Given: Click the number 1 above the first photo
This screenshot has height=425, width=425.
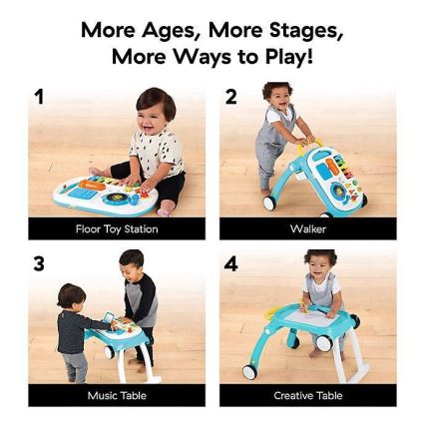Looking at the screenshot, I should (39, 97).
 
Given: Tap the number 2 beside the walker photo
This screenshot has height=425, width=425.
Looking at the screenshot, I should (231, 97).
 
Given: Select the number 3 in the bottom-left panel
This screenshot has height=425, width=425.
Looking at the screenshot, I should (39, 263).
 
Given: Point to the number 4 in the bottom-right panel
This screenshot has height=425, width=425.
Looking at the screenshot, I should (231, 263).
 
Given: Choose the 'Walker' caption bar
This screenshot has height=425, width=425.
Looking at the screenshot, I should (307, 229).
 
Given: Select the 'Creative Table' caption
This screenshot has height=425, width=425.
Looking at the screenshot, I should (307, 396).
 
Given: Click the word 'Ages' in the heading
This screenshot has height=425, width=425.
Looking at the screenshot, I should (174, 30).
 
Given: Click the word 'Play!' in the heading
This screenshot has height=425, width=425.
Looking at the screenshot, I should (287, 57).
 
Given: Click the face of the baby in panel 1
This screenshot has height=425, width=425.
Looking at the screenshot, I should (155, 109).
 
